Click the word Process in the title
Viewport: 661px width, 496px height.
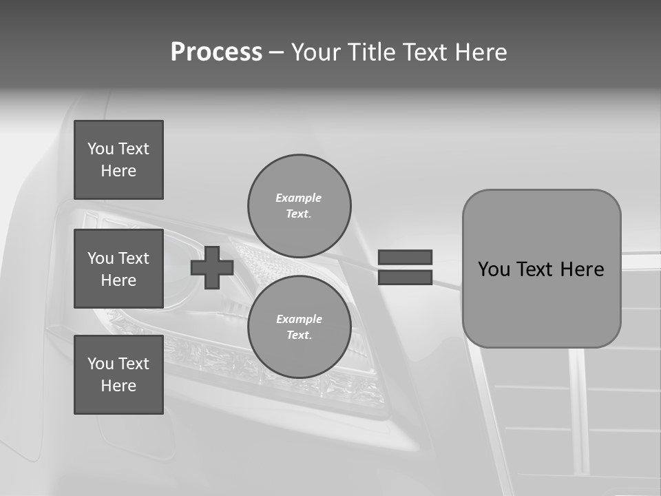click(x=216, y=52)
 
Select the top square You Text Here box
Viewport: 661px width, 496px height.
click(x=118, y=160)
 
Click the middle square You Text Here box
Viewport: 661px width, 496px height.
click(x=118, y=269)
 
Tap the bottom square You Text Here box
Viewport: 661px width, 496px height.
click(x=118, y=375)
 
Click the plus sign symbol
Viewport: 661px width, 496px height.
click(x=212, y=267)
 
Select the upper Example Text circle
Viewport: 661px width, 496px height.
click(x=299, y=205)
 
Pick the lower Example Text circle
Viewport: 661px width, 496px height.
click(x=299, y=327)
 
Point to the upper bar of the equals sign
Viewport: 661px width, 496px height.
click(x=405, y=257)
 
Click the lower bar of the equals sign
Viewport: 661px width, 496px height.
click(x=405, y=277)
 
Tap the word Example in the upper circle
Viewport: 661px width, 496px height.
click(x=299, y=198)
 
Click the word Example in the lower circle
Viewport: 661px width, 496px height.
click(x=299, y=319)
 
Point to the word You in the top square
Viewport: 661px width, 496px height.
click(x=101, y=149)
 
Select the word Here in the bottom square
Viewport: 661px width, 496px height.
click(x=118, y=386)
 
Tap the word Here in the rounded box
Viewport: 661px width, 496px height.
click(x=582, y=269)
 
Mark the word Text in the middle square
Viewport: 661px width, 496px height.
click(x=133, y=258)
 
